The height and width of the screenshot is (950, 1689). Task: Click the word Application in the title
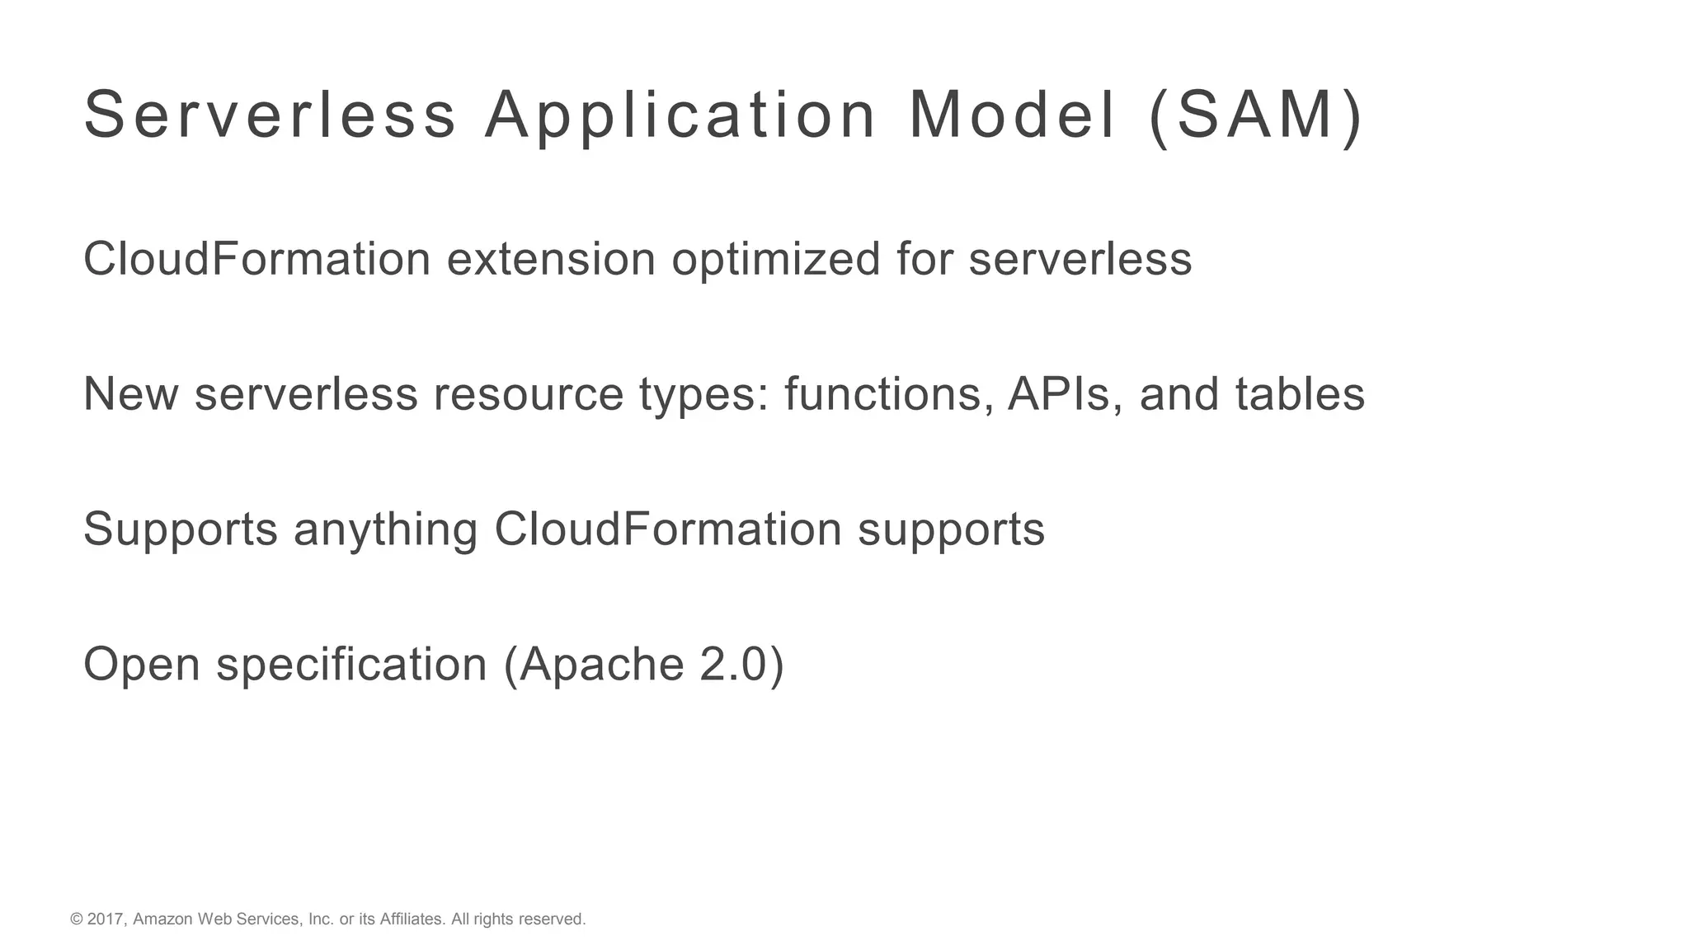(680, 115)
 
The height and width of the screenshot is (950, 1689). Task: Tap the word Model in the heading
(1012, 115)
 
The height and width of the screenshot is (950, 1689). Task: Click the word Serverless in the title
(270, 115)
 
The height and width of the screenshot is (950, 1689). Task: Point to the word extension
(551, 259)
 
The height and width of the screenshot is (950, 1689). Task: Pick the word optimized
(776, 259)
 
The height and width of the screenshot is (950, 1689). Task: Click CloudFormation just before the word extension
(257, 259)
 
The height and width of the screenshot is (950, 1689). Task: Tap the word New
(131, 394)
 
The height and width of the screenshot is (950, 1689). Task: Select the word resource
(529, 394)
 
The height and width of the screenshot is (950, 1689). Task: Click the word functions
(888, 394)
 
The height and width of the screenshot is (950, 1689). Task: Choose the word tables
(1300, 394)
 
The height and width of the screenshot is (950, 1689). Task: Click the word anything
(385, 529)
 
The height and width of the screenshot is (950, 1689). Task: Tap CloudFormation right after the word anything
(668, 529)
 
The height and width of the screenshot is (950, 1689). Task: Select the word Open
(142, 665)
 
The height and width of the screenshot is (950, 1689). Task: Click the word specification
(351, 665)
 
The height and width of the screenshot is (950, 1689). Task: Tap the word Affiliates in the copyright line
(412, 919)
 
